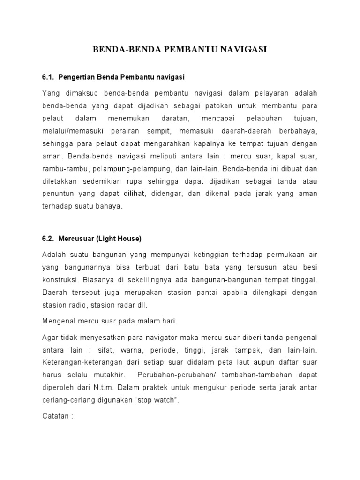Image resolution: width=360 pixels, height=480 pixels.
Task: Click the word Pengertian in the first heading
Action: [x=77, y=76]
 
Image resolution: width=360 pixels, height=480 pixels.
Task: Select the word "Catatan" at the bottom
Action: [x=55, y=417]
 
